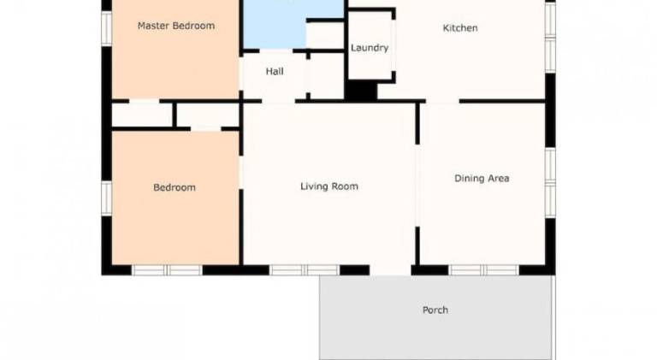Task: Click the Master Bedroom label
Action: [x=176, y=26]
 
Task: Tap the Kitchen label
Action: [x=460, y=28]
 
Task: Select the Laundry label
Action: [x=370, y=48]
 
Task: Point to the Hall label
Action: [x=275, y=72]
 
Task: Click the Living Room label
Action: [x=329, y=186]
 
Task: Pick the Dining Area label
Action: [x=482, y=179]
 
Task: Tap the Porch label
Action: [x=435, y=310]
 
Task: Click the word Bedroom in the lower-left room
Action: [x=175, y=187]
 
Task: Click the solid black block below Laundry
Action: [x=361, y=91]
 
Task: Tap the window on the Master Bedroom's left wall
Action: [x=107, y=27]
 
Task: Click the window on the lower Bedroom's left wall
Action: [x=107, y=198]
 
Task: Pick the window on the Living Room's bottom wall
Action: [x=305, y=270]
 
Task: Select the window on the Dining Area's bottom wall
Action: [x=484, y=270]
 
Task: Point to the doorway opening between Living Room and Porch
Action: [x=390, y=270]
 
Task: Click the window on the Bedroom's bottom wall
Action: [x=167, y=270]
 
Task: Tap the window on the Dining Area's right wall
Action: [x=551, y=182]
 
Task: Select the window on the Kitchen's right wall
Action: [x=551, y=37]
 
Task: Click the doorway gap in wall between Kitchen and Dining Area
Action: [x=442, y=101]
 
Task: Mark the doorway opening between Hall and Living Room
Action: [x=279, y=101]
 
